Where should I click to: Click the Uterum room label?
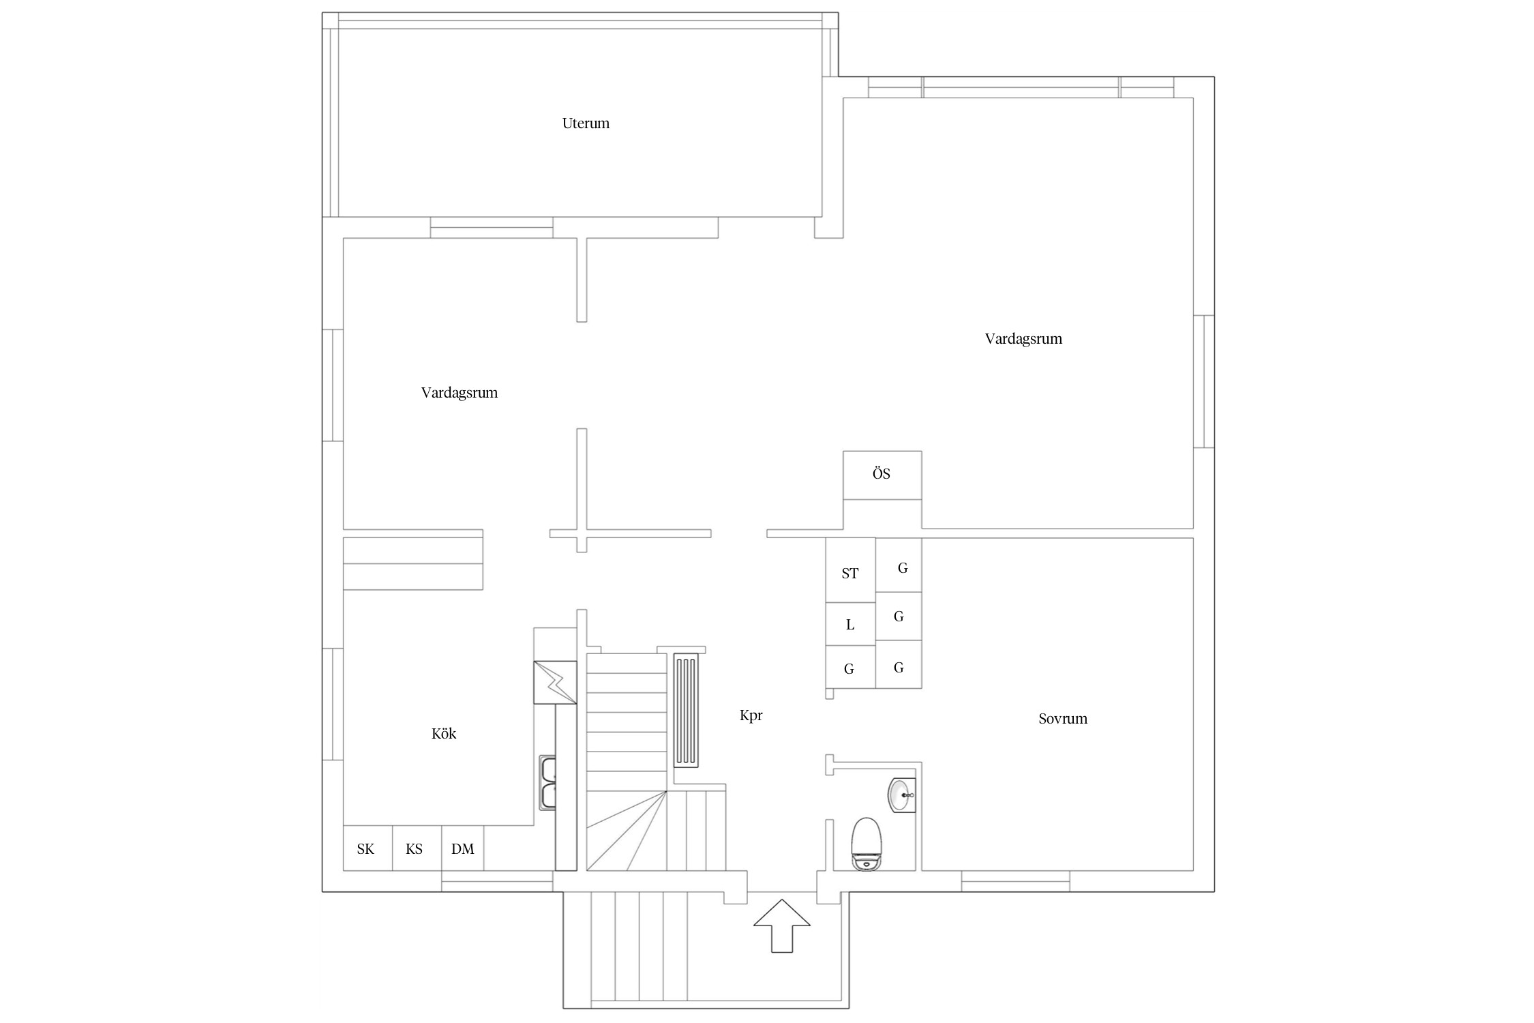586,123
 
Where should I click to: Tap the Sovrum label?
1063,719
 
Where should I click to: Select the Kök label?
444,734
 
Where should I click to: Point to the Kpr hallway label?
751,715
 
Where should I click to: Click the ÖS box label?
882,473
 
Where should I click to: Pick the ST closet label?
850,574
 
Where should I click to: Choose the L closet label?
850,625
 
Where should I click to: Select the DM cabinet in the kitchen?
463,848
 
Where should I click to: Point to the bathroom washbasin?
901,795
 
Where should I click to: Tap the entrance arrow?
782,925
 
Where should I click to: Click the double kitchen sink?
547,782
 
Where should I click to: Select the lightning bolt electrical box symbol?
555,681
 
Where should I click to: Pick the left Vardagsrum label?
460,394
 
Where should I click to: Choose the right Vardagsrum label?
1023,339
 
